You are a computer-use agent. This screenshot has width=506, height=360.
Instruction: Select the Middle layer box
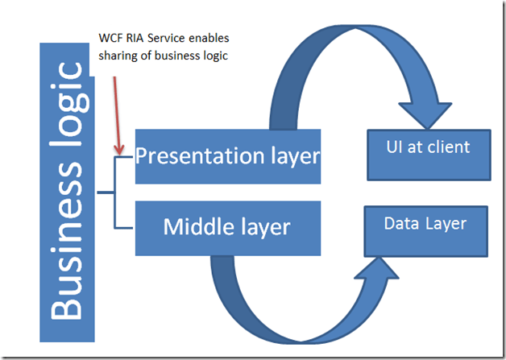pyautogui.click(x=227, y=227)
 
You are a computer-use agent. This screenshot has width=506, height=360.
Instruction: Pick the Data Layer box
pyautogui.click(x=425, y=230)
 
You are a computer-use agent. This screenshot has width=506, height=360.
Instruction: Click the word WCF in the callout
pyautogui.click(x=107, y=39)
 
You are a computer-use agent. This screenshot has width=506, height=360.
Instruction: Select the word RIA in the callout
pyautogui.click(x=135, y=39)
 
